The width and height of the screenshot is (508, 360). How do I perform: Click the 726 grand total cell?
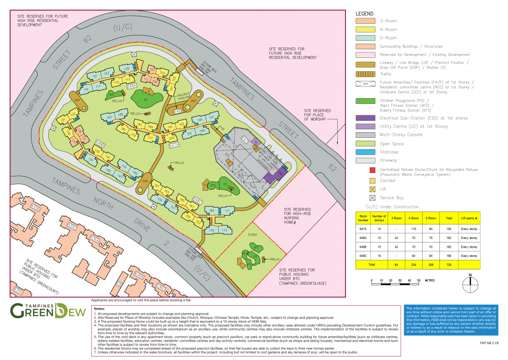tap(449, 265)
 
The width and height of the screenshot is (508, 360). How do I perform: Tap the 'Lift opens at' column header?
tap(469, 217)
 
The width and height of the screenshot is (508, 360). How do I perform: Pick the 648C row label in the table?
tap(363, 255)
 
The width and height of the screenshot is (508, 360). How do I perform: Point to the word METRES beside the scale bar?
tap(430, 281)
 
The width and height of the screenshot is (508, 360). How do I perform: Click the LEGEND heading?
tap(364, 13)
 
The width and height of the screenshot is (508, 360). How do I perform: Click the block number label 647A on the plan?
tap(174, 145)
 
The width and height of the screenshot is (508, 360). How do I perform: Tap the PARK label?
tap(253, 235)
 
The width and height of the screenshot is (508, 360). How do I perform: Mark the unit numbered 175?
tap(211, 231)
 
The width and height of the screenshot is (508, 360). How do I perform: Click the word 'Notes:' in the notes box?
tap(100, 309)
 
